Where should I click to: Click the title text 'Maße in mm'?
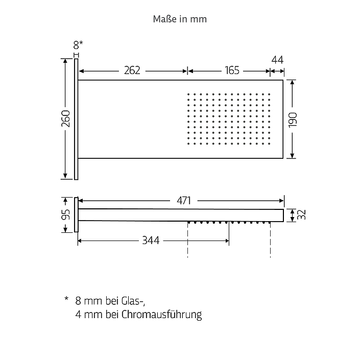(x=180, y=19)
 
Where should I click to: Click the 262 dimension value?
(x=132, y=70)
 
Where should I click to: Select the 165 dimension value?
(x=232, y=70)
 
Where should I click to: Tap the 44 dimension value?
(x=277, y=60)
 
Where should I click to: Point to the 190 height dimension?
(x=293, y=120)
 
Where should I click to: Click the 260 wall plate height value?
(x=66, y=118)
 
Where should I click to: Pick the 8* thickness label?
(x=78, y=45)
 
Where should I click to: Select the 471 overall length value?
(x=184, y=201)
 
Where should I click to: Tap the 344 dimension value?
(x=151, y=241)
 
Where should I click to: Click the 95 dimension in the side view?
(x=66, y=214)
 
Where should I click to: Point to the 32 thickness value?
(x=301, y=214)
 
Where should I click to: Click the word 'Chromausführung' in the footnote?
(x=162, y=315)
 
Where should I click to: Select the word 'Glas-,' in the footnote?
(x=133, y=301)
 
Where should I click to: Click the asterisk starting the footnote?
(x=66, y=299)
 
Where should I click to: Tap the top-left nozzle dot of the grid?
(x=188, y=94)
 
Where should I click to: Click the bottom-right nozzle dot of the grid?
(x=269, y=144)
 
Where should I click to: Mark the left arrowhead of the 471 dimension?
(x=81, y=201)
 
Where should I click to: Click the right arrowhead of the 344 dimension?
(x=227, y=241)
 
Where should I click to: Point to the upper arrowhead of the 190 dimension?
(x=292, y=83)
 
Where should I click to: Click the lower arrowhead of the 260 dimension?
(x=65, y=176)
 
